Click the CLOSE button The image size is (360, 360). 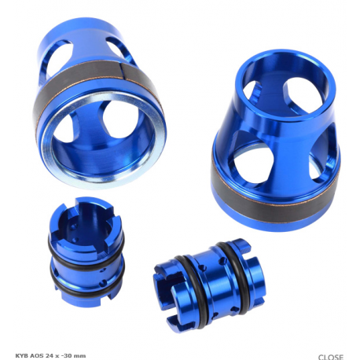pyautogui.click(x=331, y=357)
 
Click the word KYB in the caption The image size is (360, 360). pyautogui.click(x=20, y=355)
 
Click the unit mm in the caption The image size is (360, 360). pyautogui.click(x=80, y=356)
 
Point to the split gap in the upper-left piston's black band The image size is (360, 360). pyautogui.click(x=122, y=71)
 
